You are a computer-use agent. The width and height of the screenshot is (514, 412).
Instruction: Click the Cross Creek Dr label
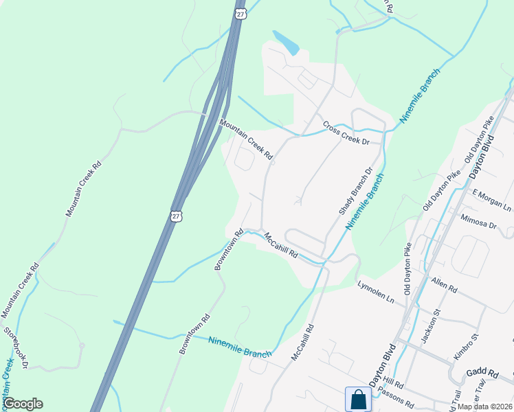pos(346,135)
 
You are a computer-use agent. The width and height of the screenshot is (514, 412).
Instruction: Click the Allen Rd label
pos(444,284)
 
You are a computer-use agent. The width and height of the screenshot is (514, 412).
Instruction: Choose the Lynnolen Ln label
pos(375,291)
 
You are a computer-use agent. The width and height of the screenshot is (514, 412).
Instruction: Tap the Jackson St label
pos(429,328)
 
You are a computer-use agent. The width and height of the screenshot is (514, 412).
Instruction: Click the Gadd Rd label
pos(485,372)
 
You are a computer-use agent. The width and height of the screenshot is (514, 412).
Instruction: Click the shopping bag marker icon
pos(358,399)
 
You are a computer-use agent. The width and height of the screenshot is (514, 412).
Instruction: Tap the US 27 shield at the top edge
pos(239,14)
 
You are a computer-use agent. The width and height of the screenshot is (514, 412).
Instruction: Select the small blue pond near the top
pos(287,43)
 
